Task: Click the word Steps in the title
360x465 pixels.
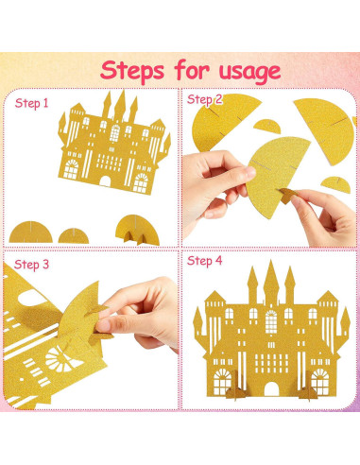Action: (132, 71)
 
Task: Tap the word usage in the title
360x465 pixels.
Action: (249, 72)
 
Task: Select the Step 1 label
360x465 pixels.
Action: (31, 103)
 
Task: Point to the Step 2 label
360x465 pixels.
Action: (204, 99)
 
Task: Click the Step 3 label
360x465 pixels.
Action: (31, 265)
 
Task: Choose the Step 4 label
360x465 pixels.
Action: (204, 261)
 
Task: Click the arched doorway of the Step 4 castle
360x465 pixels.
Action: (271, 389)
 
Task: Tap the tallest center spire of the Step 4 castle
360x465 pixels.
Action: (271, 282)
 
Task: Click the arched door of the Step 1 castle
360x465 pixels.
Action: (105, 181)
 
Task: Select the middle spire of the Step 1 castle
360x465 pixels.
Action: (120, 106)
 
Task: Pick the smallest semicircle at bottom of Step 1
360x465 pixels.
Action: (74, 236)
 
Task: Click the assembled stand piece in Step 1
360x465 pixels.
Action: (137, 231)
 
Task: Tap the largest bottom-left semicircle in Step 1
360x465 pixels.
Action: (30, 232)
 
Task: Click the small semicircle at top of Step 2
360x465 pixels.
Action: (267, 127)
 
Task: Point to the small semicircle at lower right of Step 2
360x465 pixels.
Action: (336, 184)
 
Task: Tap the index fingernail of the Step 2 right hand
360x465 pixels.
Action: (296, 200)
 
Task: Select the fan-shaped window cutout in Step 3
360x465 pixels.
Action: (61, 358)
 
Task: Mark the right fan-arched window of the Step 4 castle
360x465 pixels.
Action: (320, 382)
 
